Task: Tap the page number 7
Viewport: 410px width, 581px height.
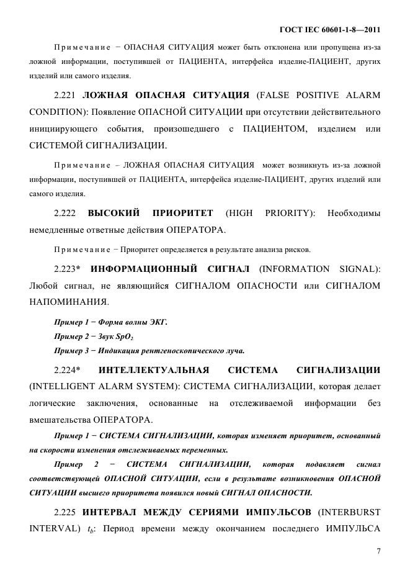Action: click(378, 551)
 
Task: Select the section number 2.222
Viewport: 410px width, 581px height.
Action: click(65, 213)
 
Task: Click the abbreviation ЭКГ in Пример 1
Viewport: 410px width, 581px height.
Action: click(159, 323)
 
